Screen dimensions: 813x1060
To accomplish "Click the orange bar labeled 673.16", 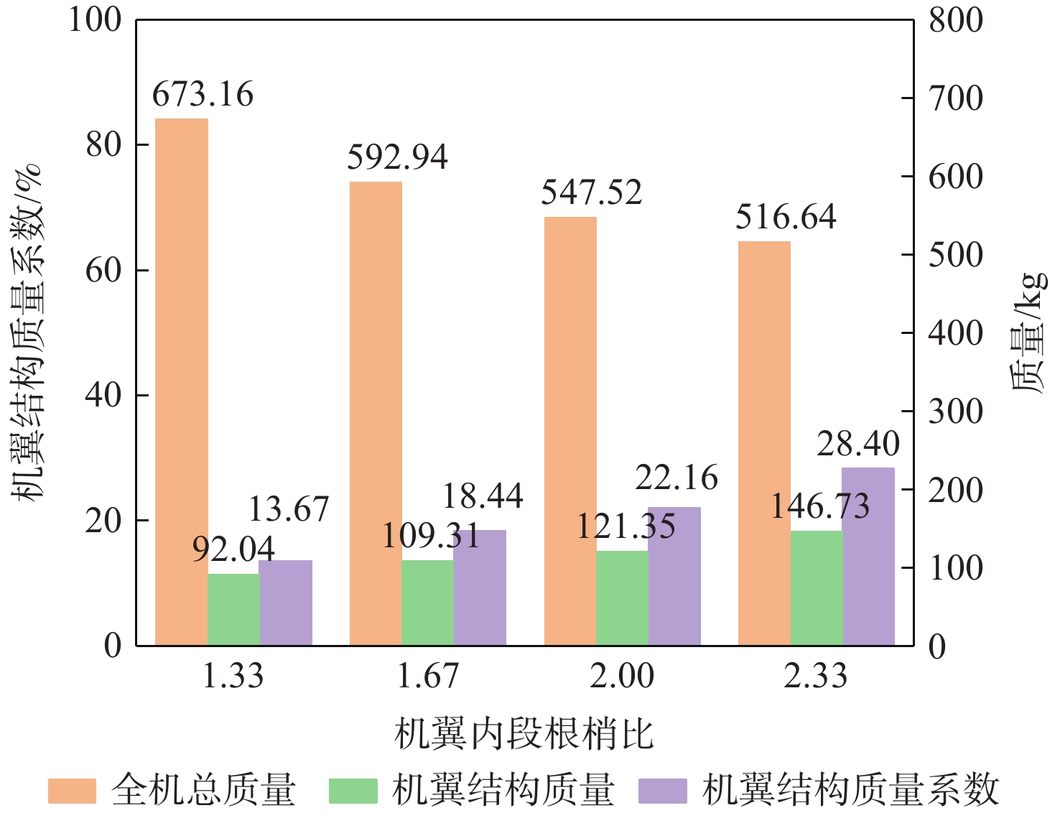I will click(x=182, y=381).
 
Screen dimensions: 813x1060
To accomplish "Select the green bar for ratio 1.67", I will click(x=427, y=602).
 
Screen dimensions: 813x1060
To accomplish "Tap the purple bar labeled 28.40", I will click(x=868, y=556).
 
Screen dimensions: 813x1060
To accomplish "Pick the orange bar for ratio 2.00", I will click(x=570, y=431).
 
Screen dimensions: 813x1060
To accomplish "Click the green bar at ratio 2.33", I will click(x=817, y=587).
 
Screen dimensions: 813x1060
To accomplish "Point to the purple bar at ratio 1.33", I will click(x=286, y=602).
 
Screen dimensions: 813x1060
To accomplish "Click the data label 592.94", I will click(x=397, y=157).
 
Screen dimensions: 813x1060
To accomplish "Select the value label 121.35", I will click(x=626, y=526).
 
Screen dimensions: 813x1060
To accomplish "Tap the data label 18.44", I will click(x=482, y=496).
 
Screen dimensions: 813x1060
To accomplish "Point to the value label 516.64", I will click(x=786, y=217).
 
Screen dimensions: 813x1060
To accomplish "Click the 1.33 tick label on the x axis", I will click(x=233, y=676).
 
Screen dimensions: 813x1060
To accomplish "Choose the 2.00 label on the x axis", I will click(x=622, y=676).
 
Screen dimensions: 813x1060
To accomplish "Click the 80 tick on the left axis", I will click(x=103, y=145).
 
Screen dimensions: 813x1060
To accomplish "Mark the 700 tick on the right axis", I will click(x=955, y=98).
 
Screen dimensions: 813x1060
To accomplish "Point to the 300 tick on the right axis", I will click(x=955, y=412).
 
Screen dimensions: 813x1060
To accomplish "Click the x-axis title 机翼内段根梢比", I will click(x=524, y=734).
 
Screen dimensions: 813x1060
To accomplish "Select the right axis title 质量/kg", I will click(x=1028, y=332).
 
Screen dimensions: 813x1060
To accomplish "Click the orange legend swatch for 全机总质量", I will click(x=72, y=791).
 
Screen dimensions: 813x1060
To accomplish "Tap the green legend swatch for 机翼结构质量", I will click(x=353, y=791).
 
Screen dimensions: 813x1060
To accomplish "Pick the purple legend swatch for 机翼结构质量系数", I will click(x=662, y=791).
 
